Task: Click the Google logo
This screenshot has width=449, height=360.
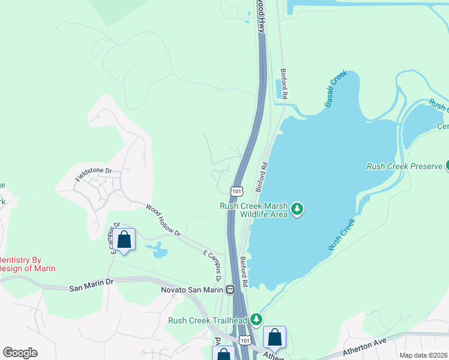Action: click(x=20, y=353)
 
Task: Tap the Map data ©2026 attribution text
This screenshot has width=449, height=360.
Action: click(x=424, y=355)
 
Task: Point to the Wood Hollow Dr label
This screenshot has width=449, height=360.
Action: click(x=163, y=219)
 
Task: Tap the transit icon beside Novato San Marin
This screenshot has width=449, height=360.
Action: click(x=230, y=290)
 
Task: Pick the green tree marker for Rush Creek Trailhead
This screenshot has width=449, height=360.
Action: click(x=257, y=319)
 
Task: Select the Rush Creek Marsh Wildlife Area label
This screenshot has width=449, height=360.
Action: click(x=255, y=209)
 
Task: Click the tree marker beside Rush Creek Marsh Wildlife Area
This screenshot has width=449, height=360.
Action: click(x=297, y=209)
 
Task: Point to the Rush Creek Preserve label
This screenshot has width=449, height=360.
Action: click(x=404, y=166)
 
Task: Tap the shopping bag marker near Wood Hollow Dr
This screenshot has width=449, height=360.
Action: click(x=124, y=240)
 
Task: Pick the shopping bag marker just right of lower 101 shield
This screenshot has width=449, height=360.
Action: click(x=274, y=338)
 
